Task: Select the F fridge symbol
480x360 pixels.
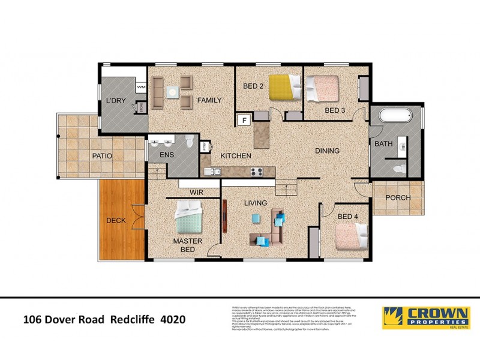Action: coord(244,119)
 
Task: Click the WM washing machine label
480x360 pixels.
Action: coord(142,88)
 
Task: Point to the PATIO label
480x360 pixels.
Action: coord(102,156)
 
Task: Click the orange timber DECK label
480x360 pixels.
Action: coord(116,220)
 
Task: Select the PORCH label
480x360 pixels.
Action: coord(398,197)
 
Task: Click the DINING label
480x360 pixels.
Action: coord(328,151)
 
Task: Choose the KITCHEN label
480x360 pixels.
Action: coord(235,156)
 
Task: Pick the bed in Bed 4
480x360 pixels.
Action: coord(351,236)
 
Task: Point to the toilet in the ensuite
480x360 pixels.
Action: coord(190,142)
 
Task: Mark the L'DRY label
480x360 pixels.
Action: coord(115,101)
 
